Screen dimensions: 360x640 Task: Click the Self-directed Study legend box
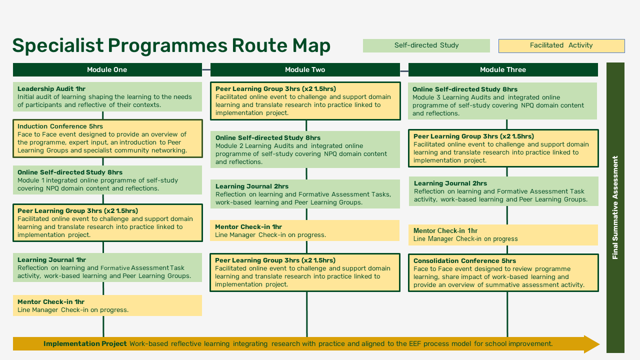[x=426, y=45]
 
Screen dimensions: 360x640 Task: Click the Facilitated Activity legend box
[x=561, y=45]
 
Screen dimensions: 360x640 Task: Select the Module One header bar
[x=107, y=69]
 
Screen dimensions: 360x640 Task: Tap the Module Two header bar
[x=305, y=69]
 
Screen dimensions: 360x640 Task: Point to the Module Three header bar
[x=502, y=69]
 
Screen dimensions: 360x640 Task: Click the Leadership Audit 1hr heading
[x=51, y=89]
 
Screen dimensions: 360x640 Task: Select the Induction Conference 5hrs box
[x=107, y=138]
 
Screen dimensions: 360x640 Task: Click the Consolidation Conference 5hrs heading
[x=464, y=261]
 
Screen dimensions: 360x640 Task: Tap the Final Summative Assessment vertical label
[x=615, y=207]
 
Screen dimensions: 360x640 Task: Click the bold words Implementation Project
[x=85, y=344]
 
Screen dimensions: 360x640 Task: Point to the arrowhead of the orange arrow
[x=592, y=344]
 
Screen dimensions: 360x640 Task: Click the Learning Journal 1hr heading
[x=51, y=260]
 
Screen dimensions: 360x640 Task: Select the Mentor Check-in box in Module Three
[x=502, y=235]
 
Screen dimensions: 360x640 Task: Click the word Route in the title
[x=254, y=45]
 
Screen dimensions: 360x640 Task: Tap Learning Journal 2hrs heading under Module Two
[x=252, y=186]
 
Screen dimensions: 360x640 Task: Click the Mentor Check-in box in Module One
[x=107, y=305]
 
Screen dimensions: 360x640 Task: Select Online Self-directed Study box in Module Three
[x=502, y=101]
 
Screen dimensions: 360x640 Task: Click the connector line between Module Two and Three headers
[x=404, y=69]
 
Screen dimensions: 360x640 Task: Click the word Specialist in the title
[x=58, y=45]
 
